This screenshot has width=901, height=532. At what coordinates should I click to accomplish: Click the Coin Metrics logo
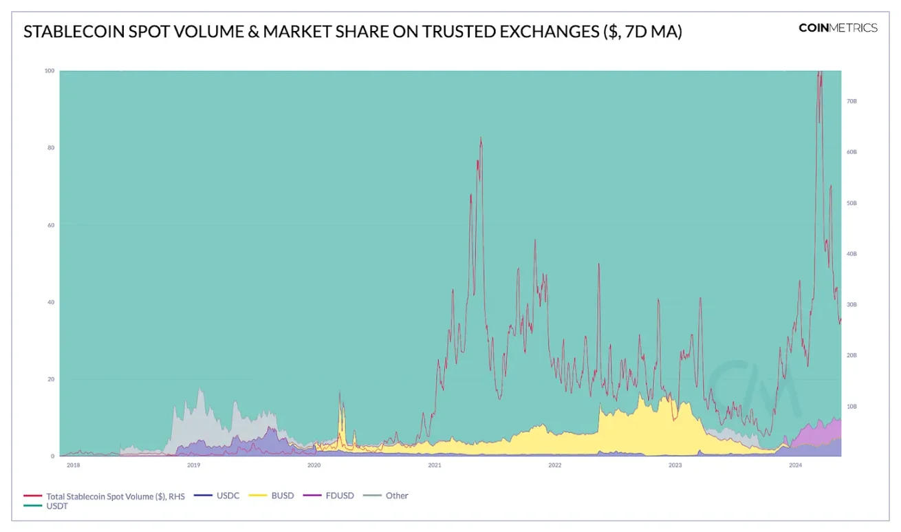click(838, 28)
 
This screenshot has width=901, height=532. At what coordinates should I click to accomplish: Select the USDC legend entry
click(226, 496)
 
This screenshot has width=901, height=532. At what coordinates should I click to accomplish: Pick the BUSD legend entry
click(282, 496)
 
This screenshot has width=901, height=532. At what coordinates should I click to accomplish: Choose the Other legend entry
click(396, 496)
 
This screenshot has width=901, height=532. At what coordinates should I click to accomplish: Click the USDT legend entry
click(57, 506)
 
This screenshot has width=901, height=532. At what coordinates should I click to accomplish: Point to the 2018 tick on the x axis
click(73, 465)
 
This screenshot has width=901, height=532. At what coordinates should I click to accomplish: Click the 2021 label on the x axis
click(434, 465)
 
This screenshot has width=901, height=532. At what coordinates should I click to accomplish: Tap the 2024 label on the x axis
click(795, 465)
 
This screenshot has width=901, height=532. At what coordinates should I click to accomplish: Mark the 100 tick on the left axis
click(50, 71)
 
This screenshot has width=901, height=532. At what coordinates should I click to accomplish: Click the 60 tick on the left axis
click(51, 225)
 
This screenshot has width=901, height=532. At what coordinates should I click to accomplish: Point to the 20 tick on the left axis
click(51, 379)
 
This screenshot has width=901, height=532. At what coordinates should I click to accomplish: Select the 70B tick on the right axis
click(851, 101)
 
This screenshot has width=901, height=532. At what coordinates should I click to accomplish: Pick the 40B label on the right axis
click(851, 254)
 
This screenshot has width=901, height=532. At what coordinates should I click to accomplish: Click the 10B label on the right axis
click(851, 407)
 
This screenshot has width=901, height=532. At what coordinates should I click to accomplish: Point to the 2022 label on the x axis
click(554, 465)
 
